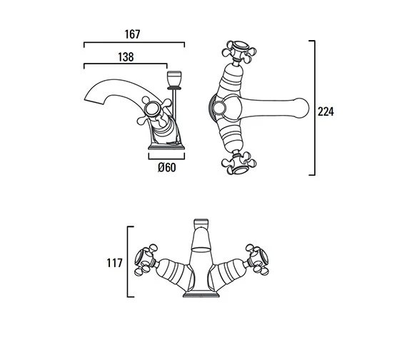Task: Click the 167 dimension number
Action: click(132, 34)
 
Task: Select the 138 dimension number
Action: click(126, 57)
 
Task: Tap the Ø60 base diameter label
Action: click(166, 168)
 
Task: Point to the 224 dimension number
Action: click(326, 111)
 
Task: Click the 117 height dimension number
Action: click(114, 263)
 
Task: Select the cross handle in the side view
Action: click(154, 112)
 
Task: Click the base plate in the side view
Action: click(166, 147)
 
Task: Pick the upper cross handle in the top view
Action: click(239, 51)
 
